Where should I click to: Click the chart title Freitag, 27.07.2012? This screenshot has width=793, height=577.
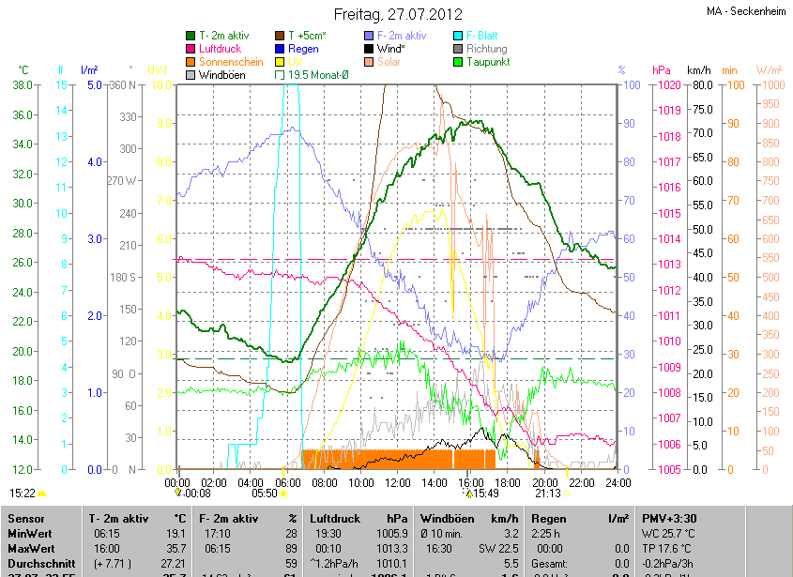pyautogui.click(x=398, y=15)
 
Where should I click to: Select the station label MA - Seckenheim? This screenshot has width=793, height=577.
pyautogui.click(x=747, y=12)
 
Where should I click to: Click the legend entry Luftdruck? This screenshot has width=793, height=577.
pyautogui.click(x=221, y=48)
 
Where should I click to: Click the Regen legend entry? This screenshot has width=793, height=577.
pyautogui.click(x=303, y=48)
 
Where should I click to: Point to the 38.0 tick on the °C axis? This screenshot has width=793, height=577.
pyautogui.click(x=23, y=84)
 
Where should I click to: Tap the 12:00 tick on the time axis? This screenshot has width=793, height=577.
pyautogui.click(x=398, y=482)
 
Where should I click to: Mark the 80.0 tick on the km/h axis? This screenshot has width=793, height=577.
pyautogui.click(x=699, y=84)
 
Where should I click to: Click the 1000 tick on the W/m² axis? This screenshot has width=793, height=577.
pyautogui.click(x=767, y=84)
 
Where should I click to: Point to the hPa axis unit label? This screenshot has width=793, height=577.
pyautogui.click(x=662, y=70)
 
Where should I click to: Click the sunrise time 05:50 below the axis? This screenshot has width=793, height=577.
pyautogui.click(x=266, y=493)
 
